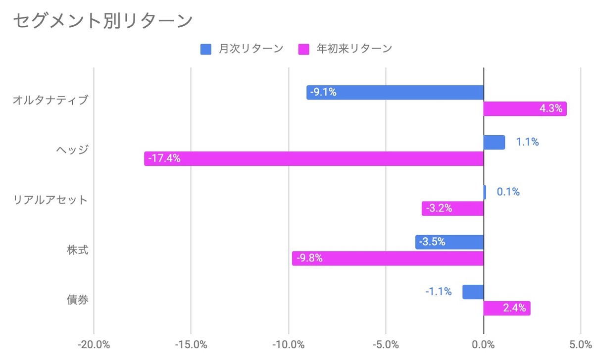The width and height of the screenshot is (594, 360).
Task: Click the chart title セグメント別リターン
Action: coord(102,20)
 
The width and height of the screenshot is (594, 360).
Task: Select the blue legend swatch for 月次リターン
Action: coord(206,49)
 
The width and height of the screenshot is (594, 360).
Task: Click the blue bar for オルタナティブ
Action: coord(395,93)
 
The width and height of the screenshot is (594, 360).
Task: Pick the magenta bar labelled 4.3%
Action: coord(525,109)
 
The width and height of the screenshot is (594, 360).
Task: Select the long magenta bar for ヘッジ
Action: coord(314,158)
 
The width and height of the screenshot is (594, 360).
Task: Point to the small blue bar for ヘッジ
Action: coord(494,143)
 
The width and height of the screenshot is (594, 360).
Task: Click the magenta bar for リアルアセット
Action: coord(452,208)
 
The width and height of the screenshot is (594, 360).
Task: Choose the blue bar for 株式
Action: coord(449,242)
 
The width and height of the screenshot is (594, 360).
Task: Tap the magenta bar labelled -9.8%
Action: coord(388,258)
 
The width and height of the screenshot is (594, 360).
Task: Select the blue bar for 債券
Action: coord(473,292)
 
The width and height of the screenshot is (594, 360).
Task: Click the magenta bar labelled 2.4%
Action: coord(507,308)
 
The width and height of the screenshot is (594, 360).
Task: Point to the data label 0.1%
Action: coord(508,192)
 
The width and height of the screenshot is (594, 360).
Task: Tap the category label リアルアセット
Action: coord(50,200)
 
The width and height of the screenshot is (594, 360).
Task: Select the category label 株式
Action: coord(78,250)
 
